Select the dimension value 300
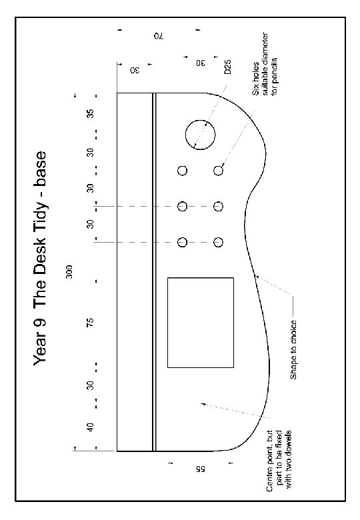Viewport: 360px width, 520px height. coord(69,271)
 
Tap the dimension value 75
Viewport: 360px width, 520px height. coord(90,322)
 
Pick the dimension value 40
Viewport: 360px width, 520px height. coord(90,427)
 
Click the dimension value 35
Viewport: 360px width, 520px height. coord(90,113)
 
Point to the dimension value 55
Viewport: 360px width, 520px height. coord(200,469)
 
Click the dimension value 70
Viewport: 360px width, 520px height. coord(159,36)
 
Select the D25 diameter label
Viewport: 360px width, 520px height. coord(227,67)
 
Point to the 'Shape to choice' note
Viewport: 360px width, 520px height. coord(294,349)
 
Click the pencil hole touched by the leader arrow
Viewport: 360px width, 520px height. coord(218,171)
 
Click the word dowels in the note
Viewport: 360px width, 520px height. coord(288,442)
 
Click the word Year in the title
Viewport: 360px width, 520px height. coord(39,355)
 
